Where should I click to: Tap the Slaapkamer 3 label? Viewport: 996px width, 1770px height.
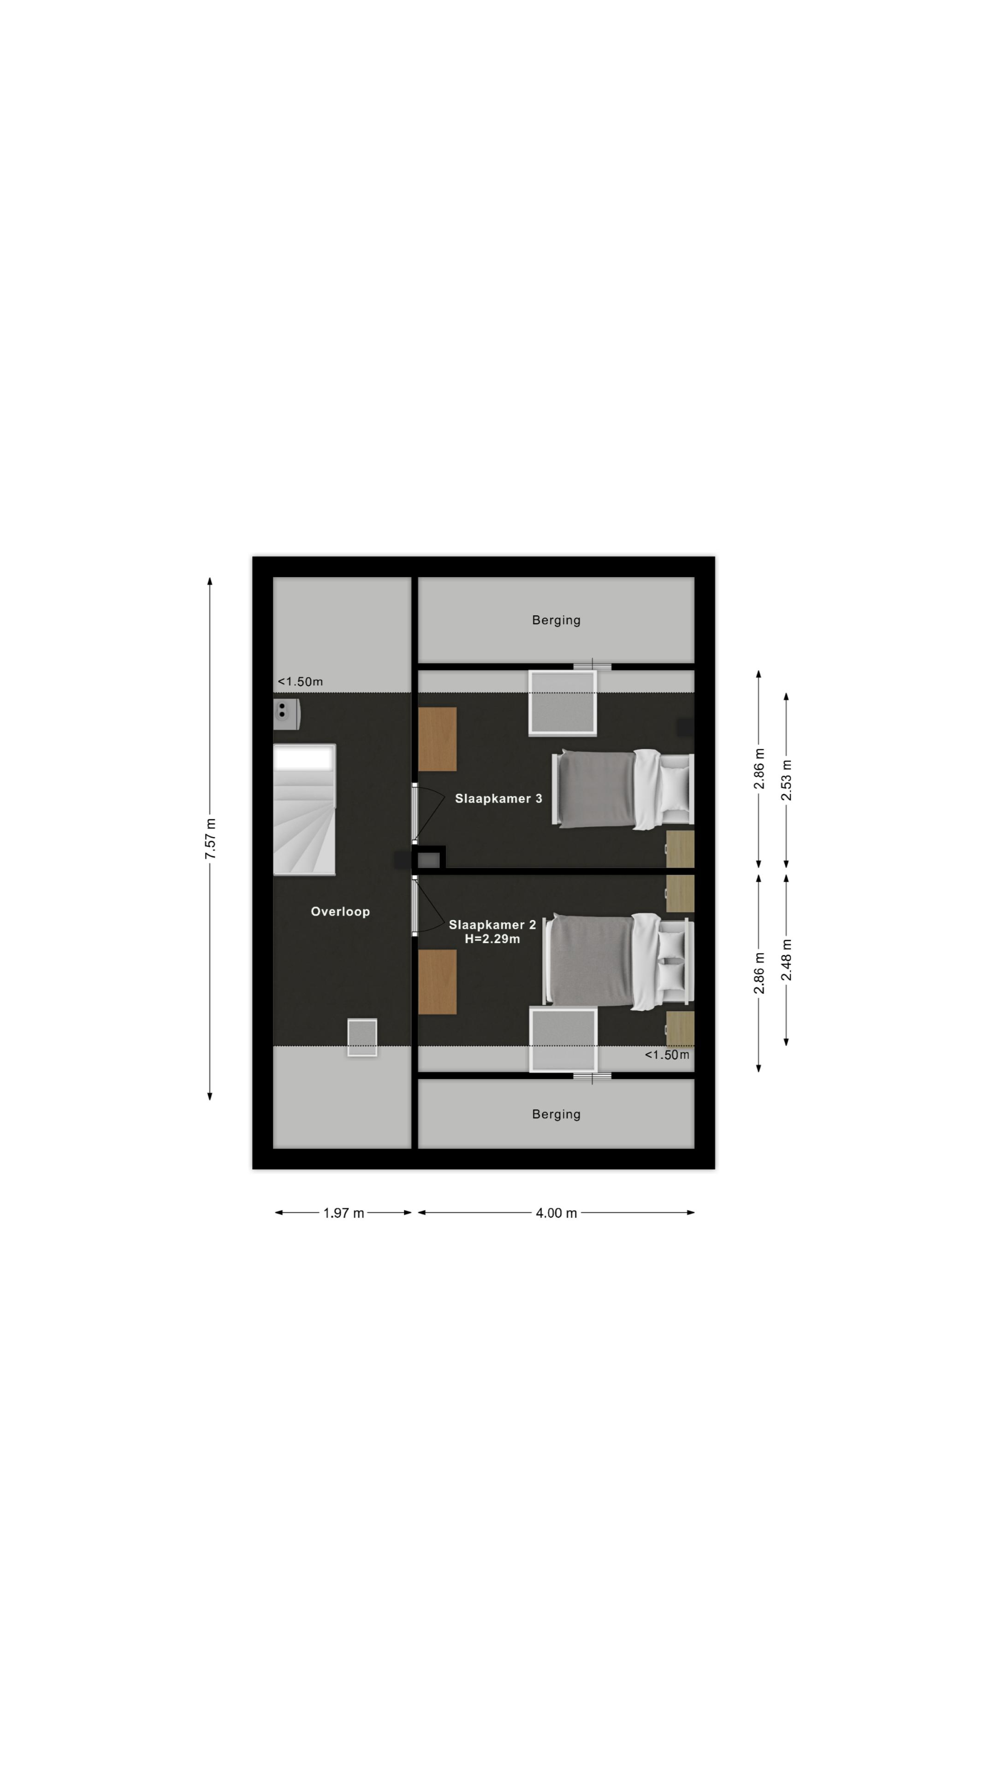[498, 799]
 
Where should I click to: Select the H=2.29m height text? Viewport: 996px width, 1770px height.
[492, 939]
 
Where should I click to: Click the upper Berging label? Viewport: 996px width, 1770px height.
[556, 621]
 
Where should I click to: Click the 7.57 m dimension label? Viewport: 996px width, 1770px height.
[210, 838]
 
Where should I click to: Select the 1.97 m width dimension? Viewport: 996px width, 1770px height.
[344, 1213]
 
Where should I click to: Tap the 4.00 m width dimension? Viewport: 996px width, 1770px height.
[556, 1213]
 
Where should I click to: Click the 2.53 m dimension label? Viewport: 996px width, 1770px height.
[786, 780]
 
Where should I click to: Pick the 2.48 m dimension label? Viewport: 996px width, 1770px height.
[786, 960]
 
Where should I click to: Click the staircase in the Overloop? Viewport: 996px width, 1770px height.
[304, 809]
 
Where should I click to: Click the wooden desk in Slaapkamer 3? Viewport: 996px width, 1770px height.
[437, 739]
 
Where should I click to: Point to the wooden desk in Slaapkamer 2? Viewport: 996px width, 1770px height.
[437, 982]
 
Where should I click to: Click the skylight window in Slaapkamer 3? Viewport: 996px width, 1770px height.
[562, 703]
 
